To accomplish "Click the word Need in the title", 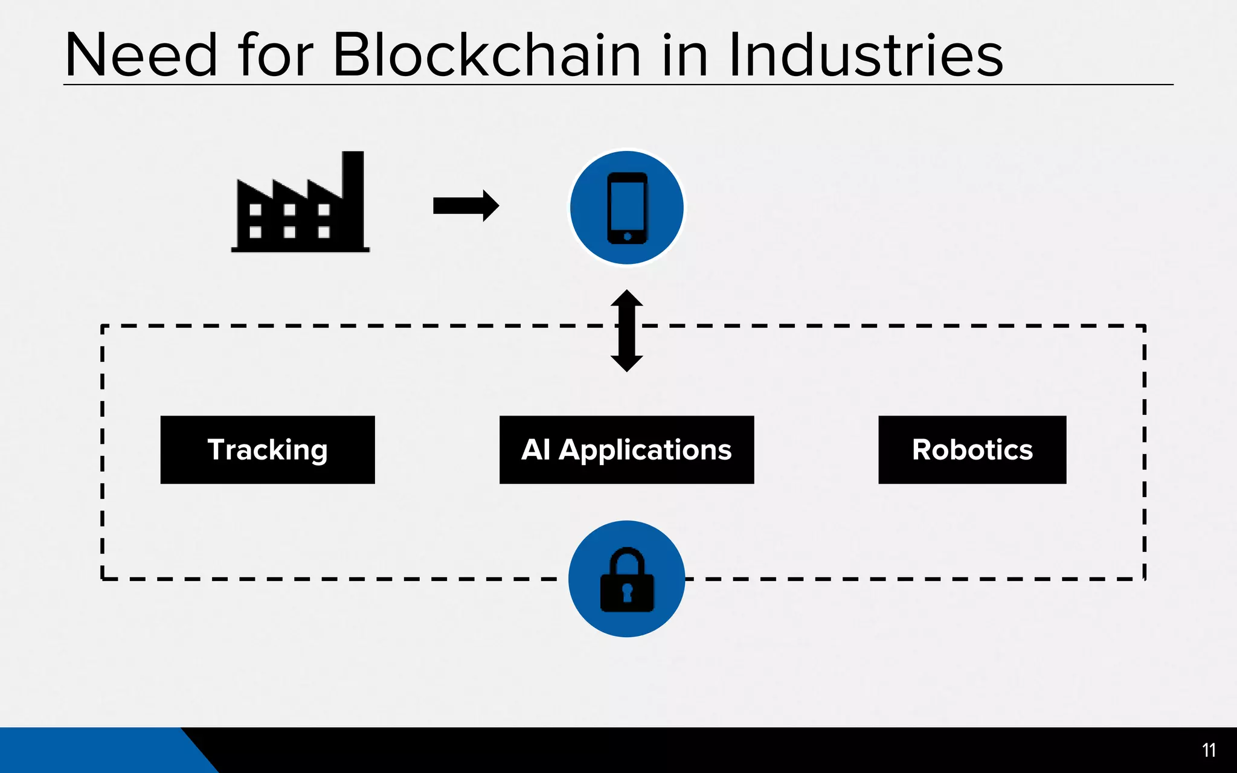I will (141, 56).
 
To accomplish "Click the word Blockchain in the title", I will (487, 56).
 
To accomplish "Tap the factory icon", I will (300, 208).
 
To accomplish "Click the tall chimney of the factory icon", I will (353, 175).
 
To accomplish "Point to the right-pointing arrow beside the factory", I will (466, 206).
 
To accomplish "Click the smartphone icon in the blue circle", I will (627, 208).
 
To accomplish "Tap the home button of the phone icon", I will (627, 236).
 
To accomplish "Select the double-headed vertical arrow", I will (626, 331).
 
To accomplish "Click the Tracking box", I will (268, 450).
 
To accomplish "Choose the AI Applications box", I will (626, 450).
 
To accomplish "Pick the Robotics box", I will (972, 450).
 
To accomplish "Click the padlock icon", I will (627, 580).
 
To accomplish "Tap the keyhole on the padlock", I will (627, 592).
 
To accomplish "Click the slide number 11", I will (1209, 750).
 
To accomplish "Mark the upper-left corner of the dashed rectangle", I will (103, 327).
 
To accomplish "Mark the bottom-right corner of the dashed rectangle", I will (1144, 579).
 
